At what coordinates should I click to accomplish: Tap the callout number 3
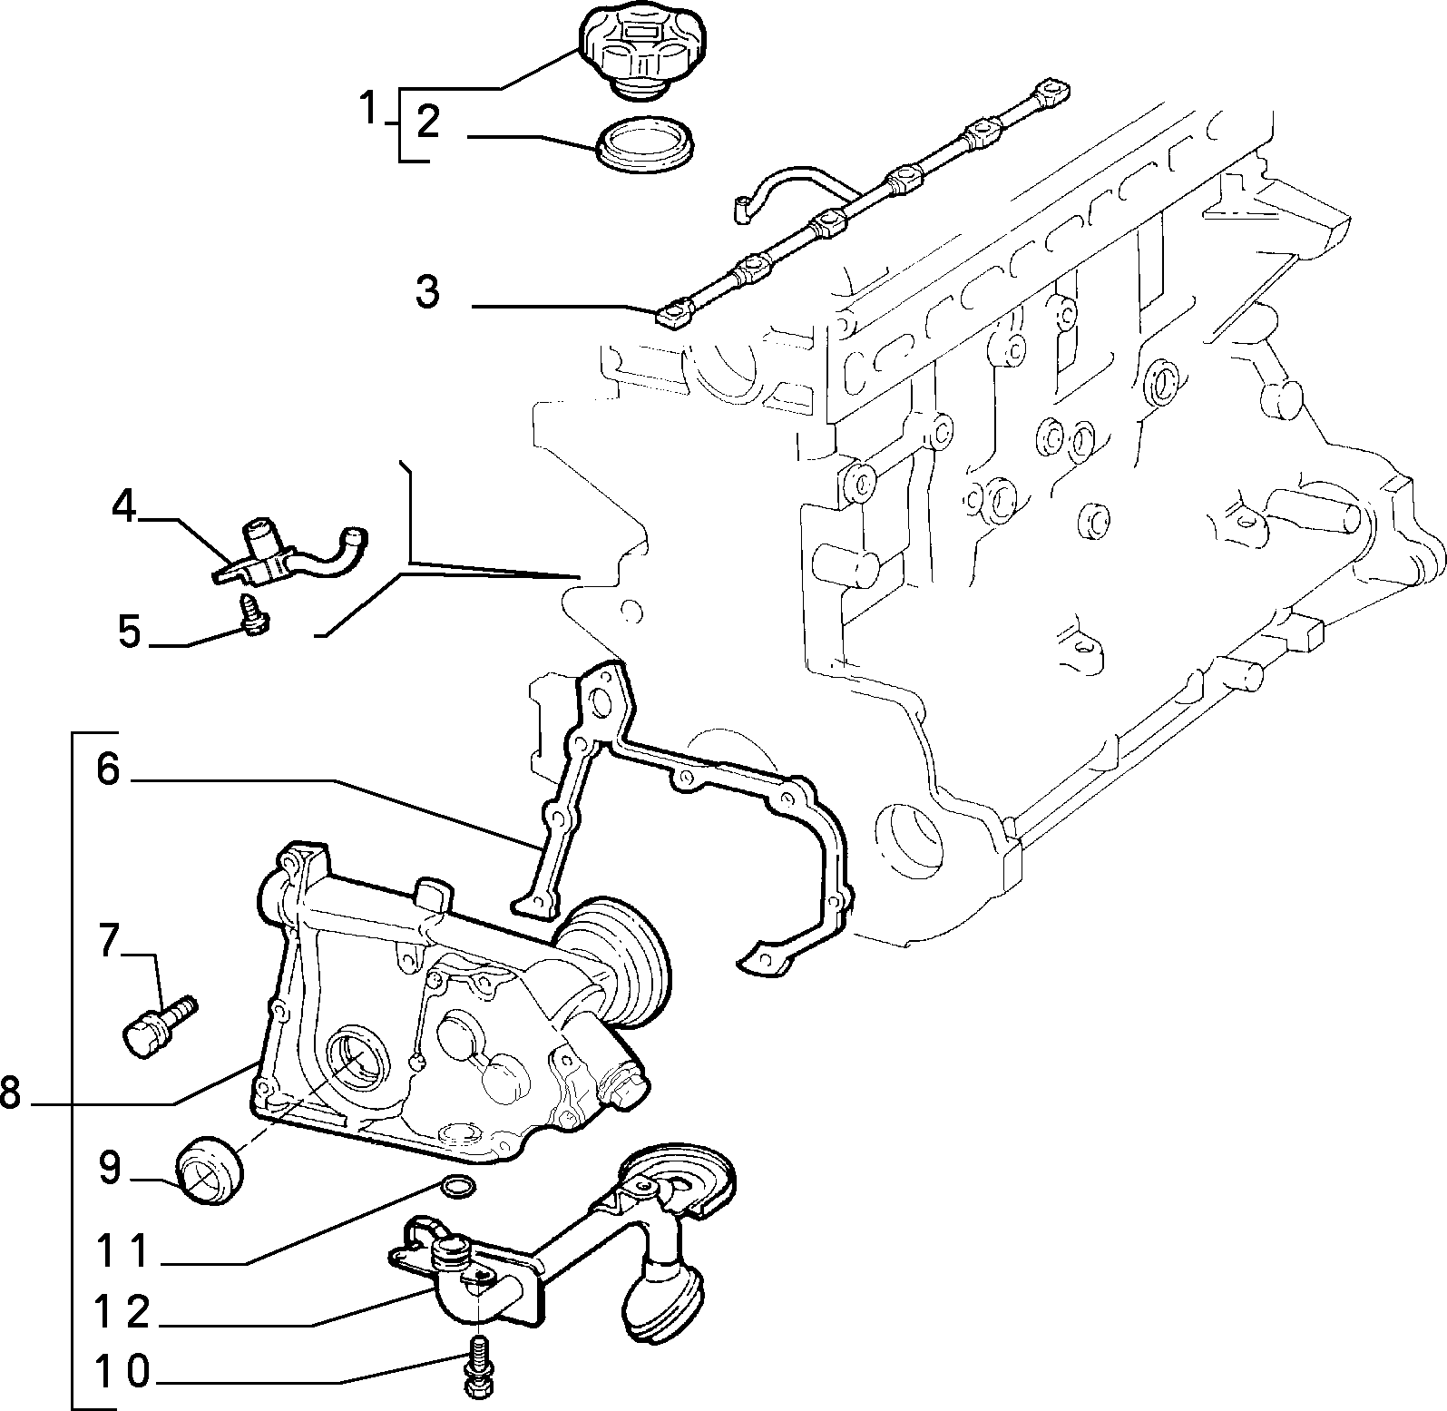427,292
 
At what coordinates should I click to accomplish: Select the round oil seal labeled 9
210,1169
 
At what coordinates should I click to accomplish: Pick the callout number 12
122,1313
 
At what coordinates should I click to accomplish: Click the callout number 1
368,109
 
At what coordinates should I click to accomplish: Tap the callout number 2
427,122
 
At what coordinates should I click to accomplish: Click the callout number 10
122,1372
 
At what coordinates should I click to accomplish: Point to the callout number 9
109,1169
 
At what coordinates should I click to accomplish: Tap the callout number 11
122,1253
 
